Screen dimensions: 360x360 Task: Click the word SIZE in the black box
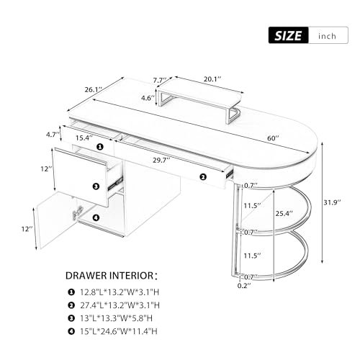288,36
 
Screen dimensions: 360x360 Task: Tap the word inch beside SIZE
327,36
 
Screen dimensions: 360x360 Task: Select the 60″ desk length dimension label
273,138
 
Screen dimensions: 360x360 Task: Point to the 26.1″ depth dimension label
94,90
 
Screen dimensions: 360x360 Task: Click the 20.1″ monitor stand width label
212,79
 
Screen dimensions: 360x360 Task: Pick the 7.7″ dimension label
160,80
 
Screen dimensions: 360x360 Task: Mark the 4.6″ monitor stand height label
148,98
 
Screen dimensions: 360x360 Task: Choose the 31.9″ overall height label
332,202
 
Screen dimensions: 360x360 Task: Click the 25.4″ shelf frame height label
284,213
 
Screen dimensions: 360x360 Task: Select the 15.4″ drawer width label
84,138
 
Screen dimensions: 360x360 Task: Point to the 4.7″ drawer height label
53,135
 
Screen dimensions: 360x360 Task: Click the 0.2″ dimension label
244,286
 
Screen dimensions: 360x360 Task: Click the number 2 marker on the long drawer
203,177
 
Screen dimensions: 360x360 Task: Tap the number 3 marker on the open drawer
96,186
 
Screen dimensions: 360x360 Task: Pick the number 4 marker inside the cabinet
96,217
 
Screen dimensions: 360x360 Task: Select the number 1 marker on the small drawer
100,147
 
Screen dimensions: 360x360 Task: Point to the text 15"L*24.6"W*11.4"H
119,331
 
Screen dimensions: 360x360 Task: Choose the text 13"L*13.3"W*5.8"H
116,318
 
